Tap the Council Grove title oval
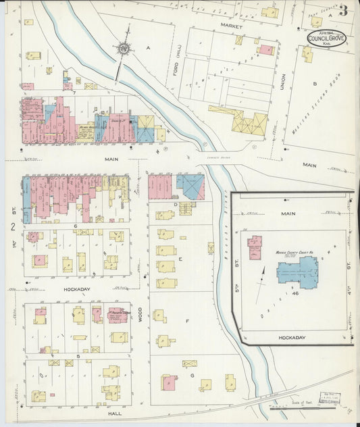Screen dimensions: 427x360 (x=326, y=39)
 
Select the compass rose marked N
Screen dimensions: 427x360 (x=124, y=48)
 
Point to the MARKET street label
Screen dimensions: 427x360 (x=230, y=24)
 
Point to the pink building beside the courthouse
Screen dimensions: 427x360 (x=255, y=247)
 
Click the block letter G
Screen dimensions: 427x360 (x=192, y=374)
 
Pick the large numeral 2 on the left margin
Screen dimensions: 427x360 (x=12, y=227)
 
